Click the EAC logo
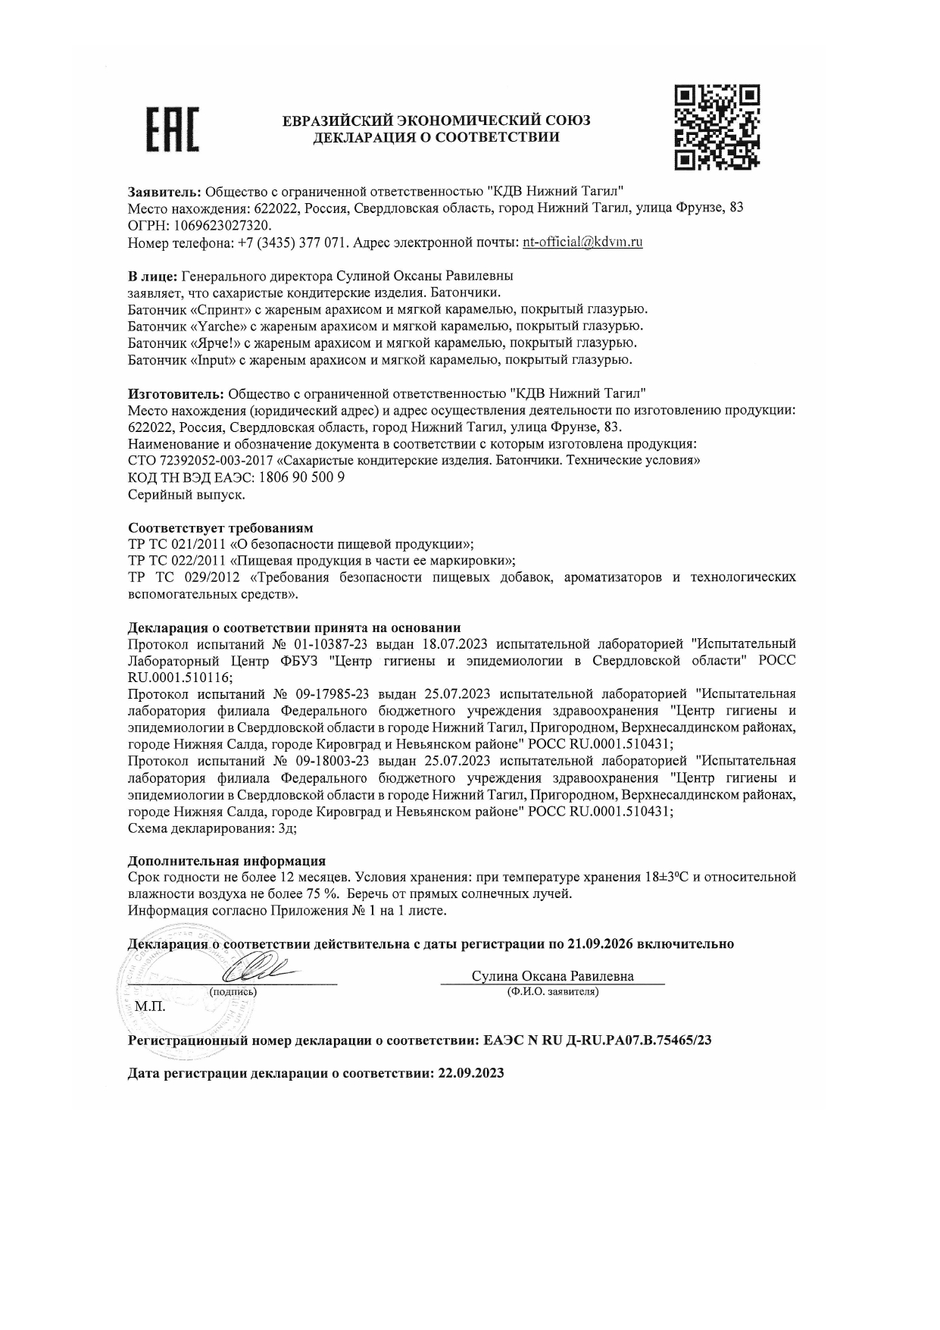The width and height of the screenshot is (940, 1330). (x=172, y=130)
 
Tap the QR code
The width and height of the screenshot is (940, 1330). (x=717, y=127)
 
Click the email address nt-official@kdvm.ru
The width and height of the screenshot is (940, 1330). (x=582, y=243)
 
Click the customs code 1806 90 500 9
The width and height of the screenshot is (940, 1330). (x=301, y=478)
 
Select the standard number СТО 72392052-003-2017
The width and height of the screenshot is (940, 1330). (x=200, y=462)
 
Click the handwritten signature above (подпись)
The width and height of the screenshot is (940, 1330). (x=258, y=970)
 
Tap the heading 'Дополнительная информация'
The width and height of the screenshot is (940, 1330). (x=226, y=861)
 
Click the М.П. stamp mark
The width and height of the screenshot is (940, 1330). (x=149, y=1007)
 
